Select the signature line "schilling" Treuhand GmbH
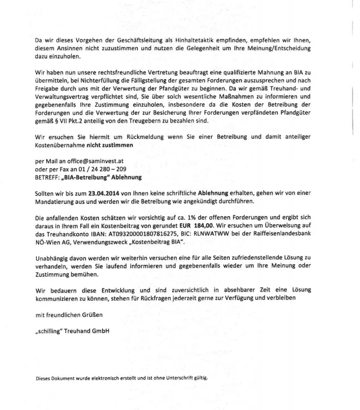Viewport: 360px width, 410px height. pyautogui.click(x=72, y=330)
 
